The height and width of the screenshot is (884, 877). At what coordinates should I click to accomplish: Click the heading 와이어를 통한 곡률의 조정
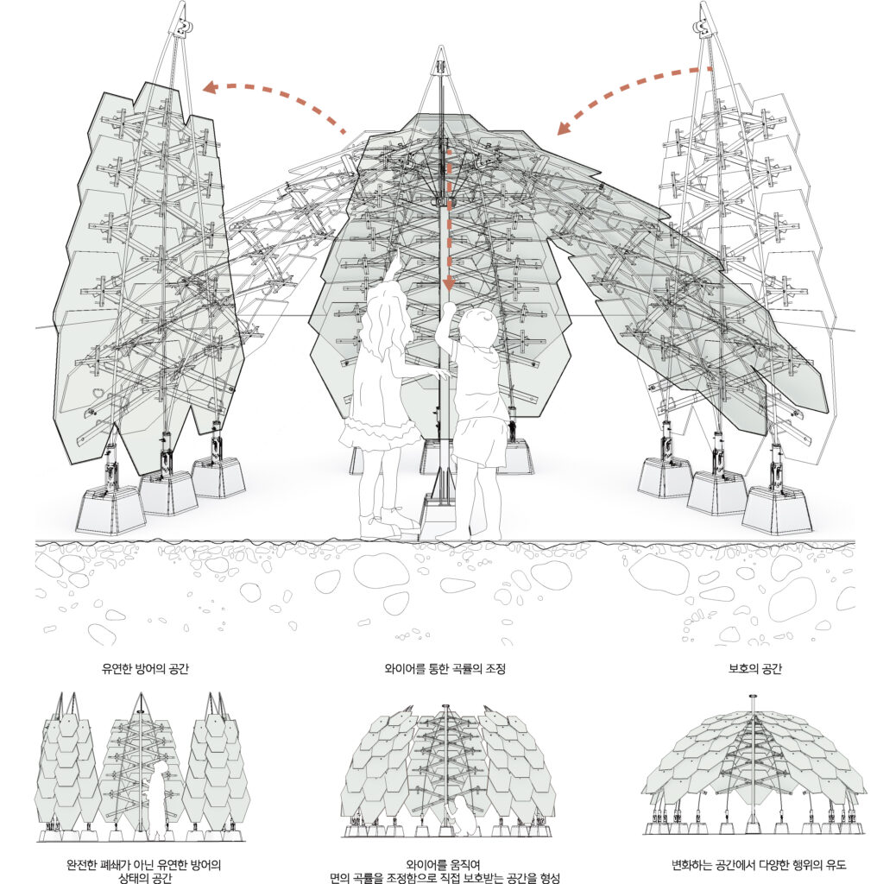tap(445, 668)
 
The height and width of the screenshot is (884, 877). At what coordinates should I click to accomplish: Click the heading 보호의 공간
tap(754, 668)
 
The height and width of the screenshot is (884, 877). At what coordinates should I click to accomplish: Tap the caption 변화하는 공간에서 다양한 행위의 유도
tap(759, 864)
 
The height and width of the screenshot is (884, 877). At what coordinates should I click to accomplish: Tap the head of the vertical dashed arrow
tap(449, 285)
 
